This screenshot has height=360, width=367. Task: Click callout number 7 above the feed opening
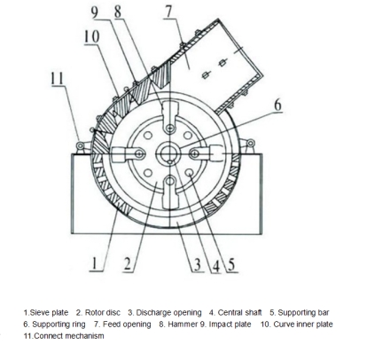(x=169, y=12)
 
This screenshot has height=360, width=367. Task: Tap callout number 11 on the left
(x=57, y=79)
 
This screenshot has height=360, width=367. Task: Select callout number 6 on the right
(x=277, y=106)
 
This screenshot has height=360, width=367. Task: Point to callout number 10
(x=91, y=37)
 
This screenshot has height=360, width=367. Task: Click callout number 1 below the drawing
(x=95, y=263)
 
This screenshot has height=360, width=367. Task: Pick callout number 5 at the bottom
(x=231, y=264)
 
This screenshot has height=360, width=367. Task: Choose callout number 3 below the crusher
(x=198, y=264)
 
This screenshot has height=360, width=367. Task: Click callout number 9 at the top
(x=94, y=12)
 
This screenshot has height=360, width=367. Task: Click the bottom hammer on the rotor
(x=171, y=192)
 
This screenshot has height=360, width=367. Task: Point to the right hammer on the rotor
(x=207, y=153)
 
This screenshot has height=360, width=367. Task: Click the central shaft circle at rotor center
(x=168, y=153)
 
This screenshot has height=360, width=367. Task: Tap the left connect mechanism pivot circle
(x=80, y=145)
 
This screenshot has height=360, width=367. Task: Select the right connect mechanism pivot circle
(x=251, y=144)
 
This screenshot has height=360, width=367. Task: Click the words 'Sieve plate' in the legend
(x=49, y=313)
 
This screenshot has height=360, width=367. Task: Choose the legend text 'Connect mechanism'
(x=69, y=336)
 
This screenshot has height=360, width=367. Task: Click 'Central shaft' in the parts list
(x=239, y=312)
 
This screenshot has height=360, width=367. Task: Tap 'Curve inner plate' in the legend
(x=303, y=325)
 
